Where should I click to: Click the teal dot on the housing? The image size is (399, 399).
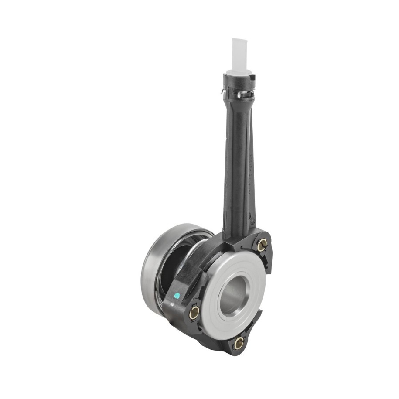point(177,296)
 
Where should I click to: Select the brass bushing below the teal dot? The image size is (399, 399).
point(194,312)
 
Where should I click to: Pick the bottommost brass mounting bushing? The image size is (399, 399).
point(239,343)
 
